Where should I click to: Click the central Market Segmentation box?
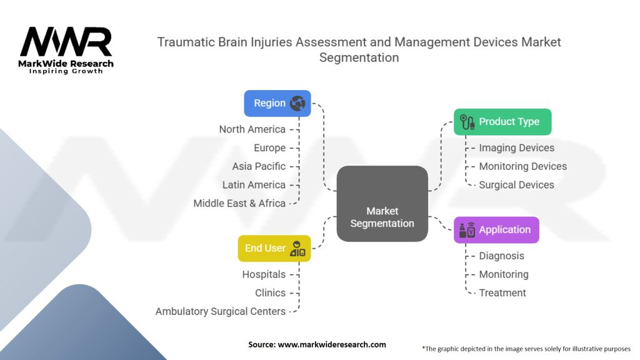(x=382, y=204)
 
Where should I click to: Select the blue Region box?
(x=277, y=103)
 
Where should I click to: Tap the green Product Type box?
(x=502, y=122)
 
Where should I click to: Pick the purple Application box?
(x=496, y=230)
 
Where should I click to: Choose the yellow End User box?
(x=274, y=248)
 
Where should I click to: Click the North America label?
(x=252, y=129)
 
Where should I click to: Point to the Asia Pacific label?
(x=259, y=166)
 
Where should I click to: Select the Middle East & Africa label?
(x=239, y=203)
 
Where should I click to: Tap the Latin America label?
(x=254, y=185)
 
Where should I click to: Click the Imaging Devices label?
(x=516, y=148)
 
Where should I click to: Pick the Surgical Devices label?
(x=516, y=185)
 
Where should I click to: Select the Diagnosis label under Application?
(x=501, y=256)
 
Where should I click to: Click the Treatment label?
(x=502, y=292)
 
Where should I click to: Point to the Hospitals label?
(x=264, y=274)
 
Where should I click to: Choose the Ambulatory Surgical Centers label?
(x=221, y=311)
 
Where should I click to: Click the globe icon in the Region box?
(x=297, y=103)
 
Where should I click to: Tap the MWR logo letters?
(x=66, y=42)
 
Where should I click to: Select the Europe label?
(x=269, y=148)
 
